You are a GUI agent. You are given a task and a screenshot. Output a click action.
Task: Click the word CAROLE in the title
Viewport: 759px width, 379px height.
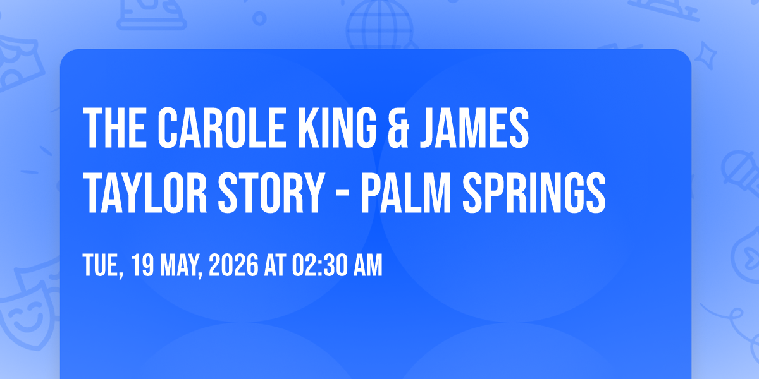(x=221, y=128)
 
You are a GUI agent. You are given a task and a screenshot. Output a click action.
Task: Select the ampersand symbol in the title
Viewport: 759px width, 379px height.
(x=398, y=128)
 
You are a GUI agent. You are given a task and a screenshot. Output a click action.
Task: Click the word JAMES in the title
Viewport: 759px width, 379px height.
(x=474, y=128)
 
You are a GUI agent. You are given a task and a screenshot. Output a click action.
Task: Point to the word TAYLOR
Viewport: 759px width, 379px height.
(x=145, y=193)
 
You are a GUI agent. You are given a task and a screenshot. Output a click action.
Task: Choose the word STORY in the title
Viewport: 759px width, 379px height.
(x=271, y=193)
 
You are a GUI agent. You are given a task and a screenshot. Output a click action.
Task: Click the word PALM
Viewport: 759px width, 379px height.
(x=405, y=193)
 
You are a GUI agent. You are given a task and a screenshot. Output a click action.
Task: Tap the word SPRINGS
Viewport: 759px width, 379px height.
(x=534, y=193)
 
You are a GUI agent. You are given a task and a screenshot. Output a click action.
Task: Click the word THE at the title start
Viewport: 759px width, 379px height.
(x=115, y=128)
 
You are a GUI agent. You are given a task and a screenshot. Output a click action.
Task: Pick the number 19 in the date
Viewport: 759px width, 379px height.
(x=142, y=265)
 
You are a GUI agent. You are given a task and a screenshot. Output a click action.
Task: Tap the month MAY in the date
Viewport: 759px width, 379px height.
(x=181, y=266)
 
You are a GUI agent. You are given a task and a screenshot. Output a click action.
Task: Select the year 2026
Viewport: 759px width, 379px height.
(x=233, y=265)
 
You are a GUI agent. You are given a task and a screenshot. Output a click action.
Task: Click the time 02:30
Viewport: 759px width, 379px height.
(x=319, y=265)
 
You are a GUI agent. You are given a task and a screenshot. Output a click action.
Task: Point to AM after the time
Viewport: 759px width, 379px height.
(x=368, y=265)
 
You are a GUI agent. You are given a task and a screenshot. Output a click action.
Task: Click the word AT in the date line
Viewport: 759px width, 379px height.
(x=275, y=265)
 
